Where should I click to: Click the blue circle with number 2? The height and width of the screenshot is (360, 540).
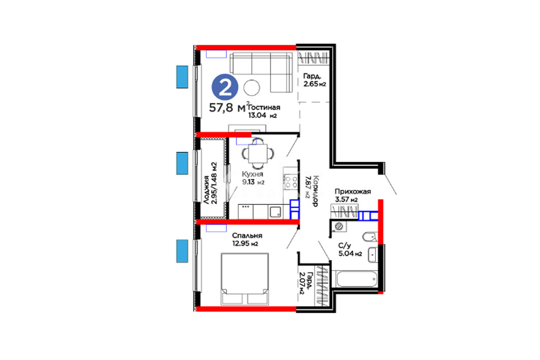click(225, 87)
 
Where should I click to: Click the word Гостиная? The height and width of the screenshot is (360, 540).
click(264, 107)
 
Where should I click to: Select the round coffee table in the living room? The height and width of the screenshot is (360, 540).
click(252, 87)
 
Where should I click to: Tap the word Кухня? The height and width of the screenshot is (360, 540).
click(252, 174)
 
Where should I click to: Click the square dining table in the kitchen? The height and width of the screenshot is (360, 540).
click(257, 153)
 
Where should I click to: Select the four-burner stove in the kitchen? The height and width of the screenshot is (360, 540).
click(291, 181)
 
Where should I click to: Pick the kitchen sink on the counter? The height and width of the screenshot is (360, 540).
click(275, 212)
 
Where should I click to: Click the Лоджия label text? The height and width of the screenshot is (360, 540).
click(206, 190)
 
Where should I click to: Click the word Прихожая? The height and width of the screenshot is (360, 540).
click(353, 191)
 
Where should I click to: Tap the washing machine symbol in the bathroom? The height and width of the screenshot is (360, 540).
click(339, 226)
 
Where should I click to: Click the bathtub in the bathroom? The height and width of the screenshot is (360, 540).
click(357, 278)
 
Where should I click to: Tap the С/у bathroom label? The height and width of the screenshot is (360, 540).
click(345, 245)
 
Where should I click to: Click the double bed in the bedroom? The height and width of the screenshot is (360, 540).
click(245, 279)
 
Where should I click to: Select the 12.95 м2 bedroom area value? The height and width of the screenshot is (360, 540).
click(245, 244)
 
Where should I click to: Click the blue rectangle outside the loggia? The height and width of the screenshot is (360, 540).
click(182, 163)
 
